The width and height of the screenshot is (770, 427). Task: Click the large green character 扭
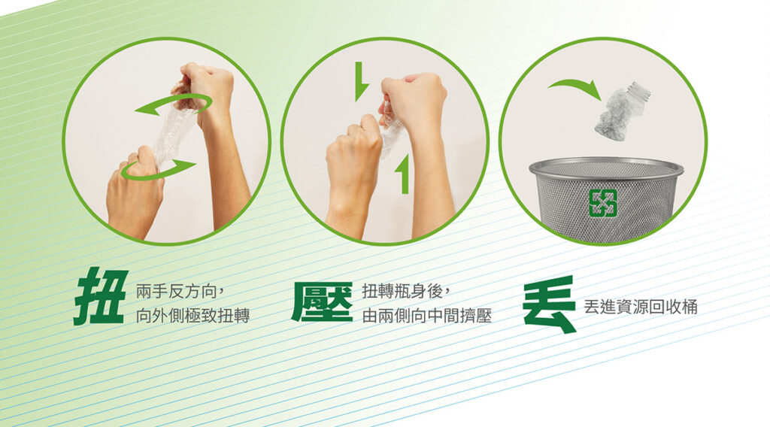point(100,296)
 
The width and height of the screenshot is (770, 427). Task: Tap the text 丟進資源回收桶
point(641,307)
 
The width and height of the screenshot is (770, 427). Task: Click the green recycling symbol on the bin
point(602,203)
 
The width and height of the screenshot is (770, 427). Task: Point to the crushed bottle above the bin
point(620,112)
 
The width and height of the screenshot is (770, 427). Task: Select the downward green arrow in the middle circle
point(361,81)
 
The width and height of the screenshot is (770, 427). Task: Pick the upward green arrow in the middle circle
point(403,173)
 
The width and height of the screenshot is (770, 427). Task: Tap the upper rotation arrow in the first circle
point(174,105)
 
